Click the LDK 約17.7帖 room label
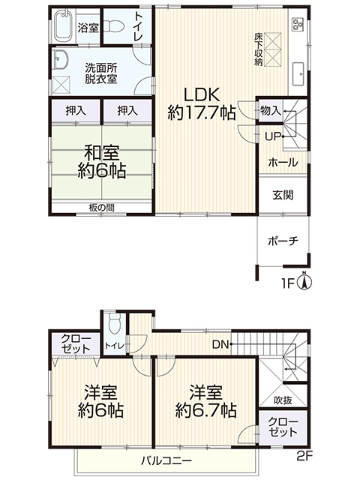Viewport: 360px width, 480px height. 202,103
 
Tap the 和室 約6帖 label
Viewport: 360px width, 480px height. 102,162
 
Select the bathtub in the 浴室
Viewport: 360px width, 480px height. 64,26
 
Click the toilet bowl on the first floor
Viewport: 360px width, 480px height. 112,26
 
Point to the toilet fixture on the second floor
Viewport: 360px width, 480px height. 115,324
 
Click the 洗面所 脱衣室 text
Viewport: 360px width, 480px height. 101,73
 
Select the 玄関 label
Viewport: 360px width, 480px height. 283,194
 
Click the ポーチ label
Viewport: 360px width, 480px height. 283,241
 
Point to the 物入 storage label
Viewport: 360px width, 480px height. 270,110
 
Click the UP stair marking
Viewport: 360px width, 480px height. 273,136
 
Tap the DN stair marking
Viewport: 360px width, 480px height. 221,345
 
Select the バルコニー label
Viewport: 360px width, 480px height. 166,460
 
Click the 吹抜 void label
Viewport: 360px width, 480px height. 283,400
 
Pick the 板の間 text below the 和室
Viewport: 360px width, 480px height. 102,208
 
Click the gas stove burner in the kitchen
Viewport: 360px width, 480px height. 298,24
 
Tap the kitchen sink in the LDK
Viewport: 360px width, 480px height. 298,73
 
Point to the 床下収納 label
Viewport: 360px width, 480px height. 258,49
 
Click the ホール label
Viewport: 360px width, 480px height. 283,162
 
